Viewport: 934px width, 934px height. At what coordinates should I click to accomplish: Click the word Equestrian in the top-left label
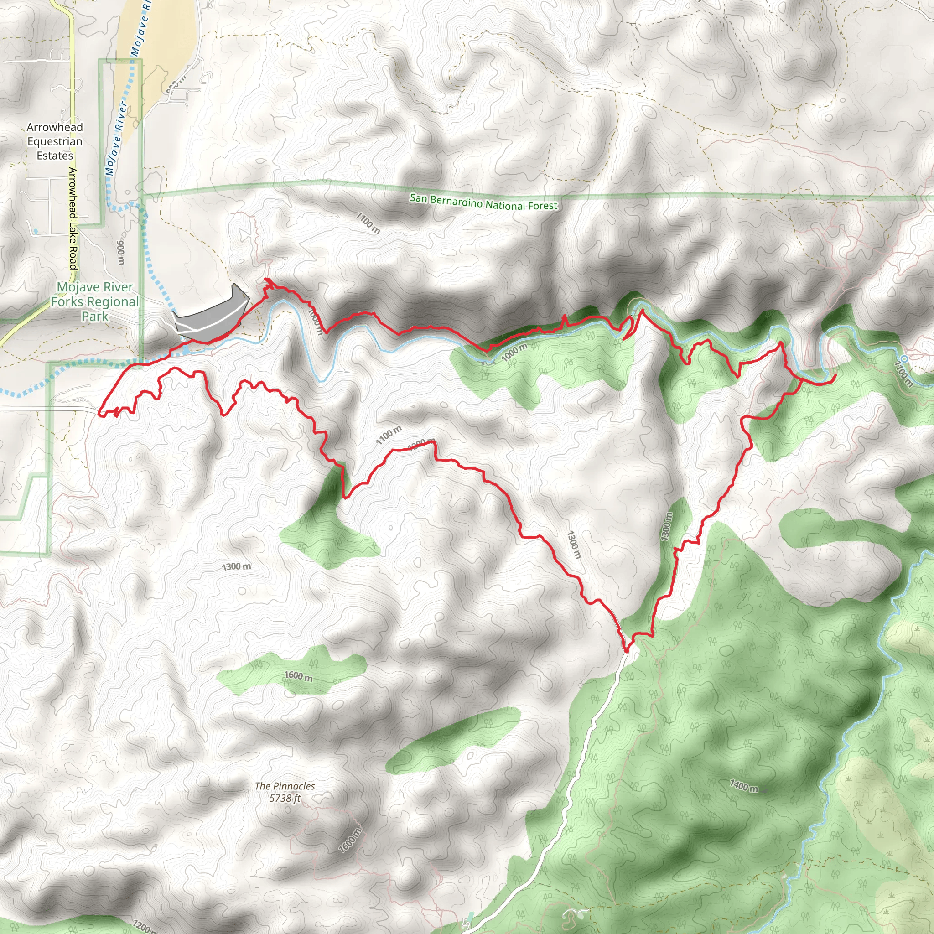point(55,142)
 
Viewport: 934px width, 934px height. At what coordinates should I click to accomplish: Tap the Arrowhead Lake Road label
point(73,218)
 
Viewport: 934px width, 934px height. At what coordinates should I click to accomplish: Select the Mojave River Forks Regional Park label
point(95,301)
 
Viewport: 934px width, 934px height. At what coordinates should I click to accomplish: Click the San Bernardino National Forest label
point(483,202)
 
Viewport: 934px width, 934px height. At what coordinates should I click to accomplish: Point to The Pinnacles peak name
point(285,787)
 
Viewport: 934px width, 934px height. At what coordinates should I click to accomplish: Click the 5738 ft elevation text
point(285,798)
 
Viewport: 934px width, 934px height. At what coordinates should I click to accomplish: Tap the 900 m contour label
point(121,252)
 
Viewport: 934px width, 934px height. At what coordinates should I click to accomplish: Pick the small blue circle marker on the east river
point(904,359)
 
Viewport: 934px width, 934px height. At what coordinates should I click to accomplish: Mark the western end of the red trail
point(99,414)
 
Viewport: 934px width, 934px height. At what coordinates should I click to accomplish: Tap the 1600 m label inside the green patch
point(298,676)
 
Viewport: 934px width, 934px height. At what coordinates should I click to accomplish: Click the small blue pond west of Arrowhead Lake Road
point(35,231)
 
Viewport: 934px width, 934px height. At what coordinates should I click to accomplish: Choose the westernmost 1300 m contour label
point(236,566)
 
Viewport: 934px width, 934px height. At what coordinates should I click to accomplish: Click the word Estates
point(55,156)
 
